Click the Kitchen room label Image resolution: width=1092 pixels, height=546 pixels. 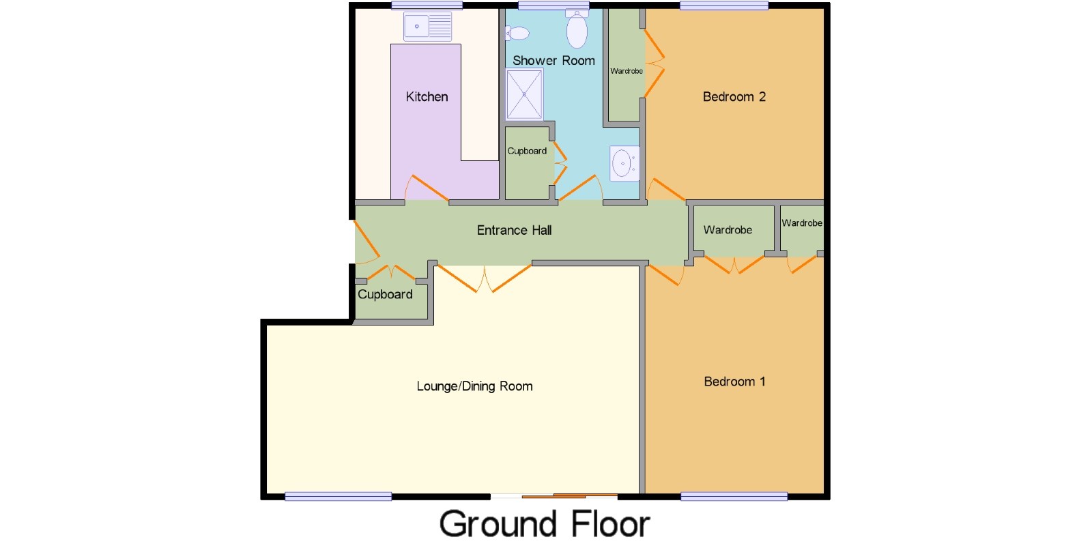[427, 96]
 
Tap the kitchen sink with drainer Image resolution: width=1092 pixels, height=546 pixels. [427, 27]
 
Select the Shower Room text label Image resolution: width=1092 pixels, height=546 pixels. [554, 61]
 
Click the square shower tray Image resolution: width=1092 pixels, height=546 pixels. [525, 95]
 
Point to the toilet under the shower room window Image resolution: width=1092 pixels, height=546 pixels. [577, 29]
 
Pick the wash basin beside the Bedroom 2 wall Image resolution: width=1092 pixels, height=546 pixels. [624, 163]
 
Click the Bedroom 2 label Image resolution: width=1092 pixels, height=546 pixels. [734, 96]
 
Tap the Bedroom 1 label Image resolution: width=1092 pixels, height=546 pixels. [734, 382]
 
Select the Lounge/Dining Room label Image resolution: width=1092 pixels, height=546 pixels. [474, 386]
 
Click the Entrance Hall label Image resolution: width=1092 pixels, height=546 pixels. [515, 230]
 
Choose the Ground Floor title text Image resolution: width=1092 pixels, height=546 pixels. [545, 524]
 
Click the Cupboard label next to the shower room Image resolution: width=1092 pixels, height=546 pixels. [527, 151]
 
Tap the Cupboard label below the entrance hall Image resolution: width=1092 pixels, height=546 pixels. [385, 294]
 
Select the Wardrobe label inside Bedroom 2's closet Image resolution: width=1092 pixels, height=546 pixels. [627, 71]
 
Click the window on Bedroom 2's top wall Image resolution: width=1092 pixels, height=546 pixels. [724, 6]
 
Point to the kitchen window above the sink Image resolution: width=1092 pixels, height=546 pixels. [427, 6]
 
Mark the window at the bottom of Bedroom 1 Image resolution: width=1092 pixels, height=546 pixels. [734, 497]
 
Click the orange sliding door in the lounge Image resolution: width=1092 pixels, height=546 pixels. [569, 496]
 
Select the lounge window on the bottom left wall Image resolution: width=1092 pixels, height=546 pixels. [339, 497]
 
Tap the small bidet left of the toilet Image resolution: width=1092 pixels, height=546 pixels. [517, 33]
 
